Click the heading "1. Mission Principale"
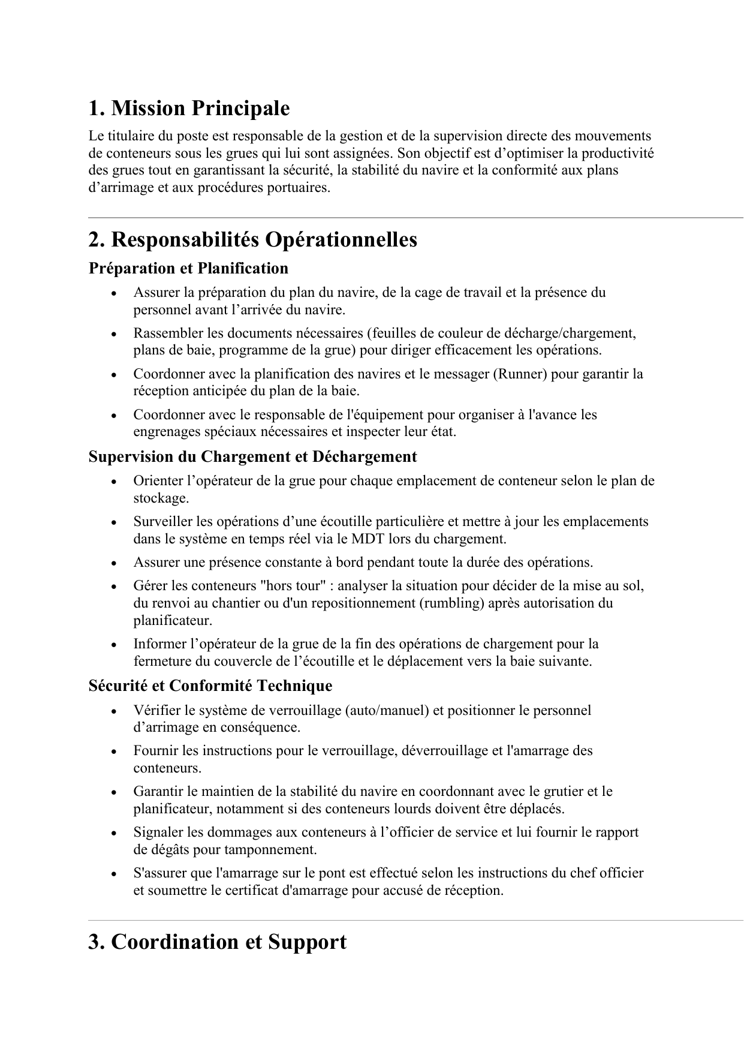pos(189,109)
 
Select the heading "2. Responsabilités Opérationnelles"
pos(252,240)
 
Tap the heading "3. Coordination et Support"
pos(217,942)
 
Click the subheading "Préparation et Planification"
pos(188,268)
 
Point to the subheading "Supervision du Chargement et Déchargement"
pos(252,456)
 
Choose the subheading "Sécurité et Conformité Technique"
pos(210,686)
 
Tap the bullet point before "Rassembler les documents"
pos(113,334)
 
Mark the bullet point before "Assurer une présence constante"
pos(113,564)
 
